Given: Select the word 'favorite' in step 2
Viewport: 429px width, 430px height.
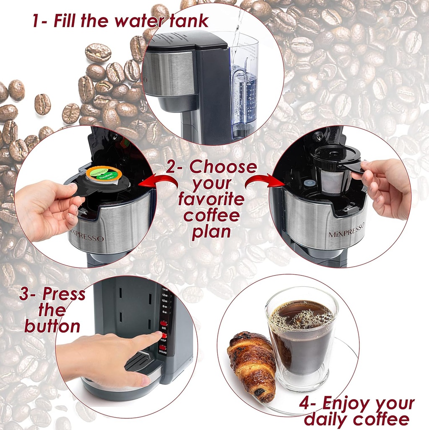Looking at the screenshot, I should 211,199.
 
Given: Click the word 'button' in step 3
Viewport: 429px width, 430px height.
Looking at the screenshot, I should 52,326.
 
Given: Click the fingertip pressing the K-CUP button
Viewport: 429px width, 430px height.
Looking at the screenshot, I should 158,334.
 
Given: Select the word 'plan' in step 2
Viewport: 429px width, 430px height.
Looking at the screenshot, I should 211,232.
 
